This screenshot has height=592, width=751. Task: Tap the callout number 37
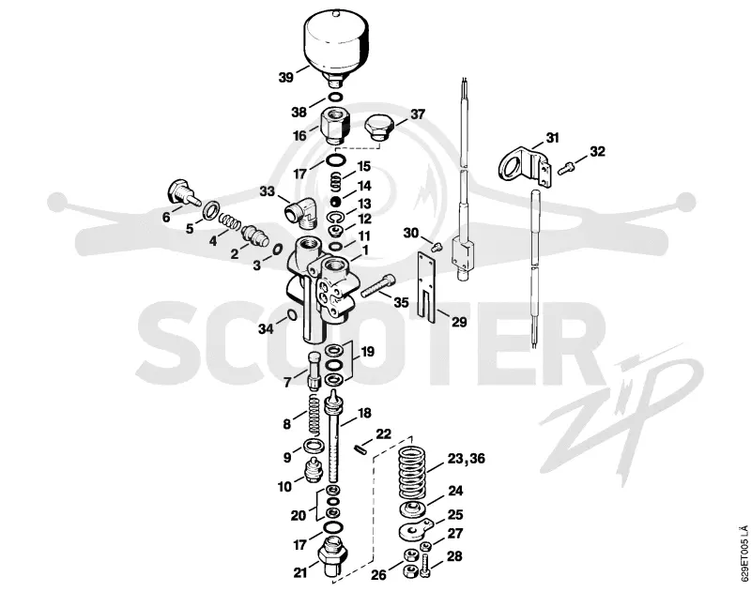tap(417, 114)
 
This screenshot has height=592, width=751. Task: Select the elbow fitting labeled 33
tap(300, 212)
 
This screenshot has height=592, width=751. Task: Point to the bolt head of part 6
tap(177, 190)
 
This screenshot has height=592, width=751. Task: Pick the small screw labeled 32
tap(565, 168)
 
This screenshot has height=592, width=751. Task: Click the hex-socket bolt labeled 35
tap(377, 285)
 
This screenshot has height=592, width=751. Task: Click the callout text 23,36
tap(466, 459)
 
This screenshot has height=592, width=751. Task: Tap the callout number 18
tap(364, 413)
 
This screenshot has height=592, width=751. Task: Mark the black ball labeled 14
tap(336, 201)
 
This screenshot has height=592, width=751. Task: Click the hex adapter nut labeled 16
tap(335, 125)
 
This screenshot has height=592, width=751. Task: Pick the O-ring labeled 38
tap(335, 98)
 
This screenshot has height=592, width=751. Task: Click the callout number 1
tap(365, 250)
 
